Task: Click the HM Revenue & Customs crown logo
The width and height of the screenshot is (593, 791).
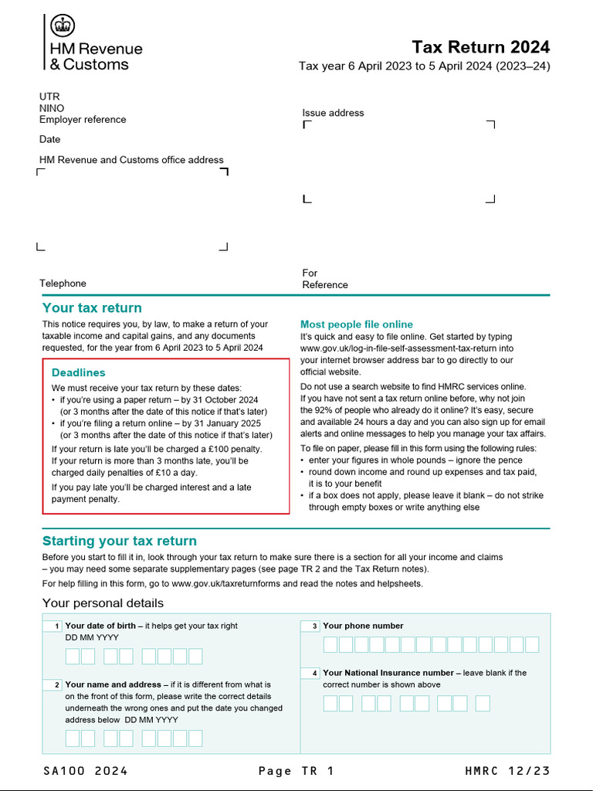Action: (63, 26)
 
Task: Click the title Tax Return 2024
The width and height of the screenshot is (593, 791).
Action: (480, 47)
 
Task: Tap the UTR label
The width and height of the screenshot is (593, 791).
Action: (49, 97)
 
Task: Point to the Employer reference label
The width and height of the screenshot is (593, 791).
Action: (83, 120)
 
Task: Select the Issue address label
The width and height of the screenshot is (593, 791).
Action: (333, 113)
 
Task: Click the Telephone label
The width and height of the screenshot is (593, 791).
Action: (63, 283)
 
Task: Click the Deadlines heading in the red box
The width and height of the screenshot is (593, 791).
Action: (79, 372)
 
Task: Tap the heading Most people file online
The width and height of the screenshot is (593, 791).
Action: (357, 324)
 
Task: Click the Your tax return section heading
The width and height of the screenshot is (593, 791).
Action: (92, 308)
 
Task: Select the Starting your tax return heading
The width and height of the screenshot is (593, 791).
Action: (120, 541)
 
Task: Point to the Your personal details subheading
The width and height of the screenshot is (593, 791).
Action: (103, 603)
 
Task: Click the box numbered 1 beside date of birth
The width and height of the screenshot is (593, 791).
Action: (53, 626)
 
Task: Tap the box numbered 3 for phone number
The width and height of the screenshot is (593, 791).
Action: (310, 626)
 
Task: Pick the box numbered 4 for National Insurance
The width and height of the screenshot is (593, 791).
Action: (310, 674)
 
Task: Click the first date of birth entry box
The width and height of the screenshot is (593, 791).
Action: (73, 657)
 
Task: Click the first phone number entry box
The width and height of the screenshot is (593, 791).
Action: (330, 645)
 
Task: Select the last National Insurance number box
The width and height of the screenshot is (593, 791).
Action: (483, 704)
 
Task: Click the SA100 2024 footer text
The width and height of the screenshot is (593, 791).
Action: (85, 771)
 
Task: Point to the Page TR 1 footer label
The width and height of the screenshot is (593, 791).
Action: (296, 771)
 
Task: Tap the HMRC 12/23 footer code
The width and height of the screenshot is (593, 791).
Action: (507, 771)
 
